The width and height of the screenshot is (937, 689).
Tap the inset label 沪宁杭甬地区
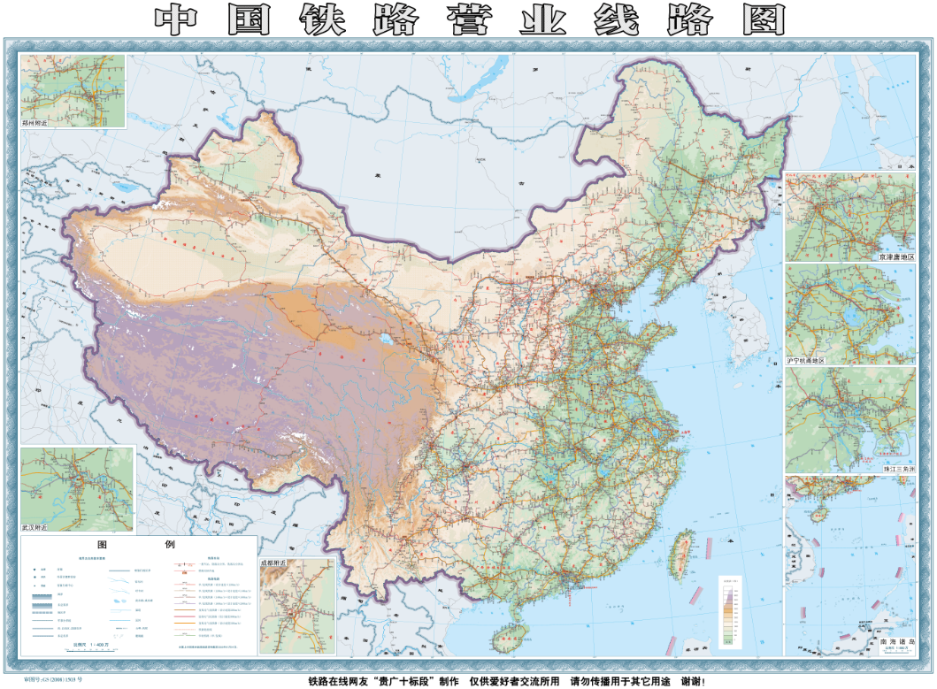coord(806,361)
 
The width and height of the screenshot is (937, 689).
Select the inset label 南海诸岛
coord(895,642)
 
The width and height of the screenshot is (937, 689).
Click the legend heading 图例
coord(137,545)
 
